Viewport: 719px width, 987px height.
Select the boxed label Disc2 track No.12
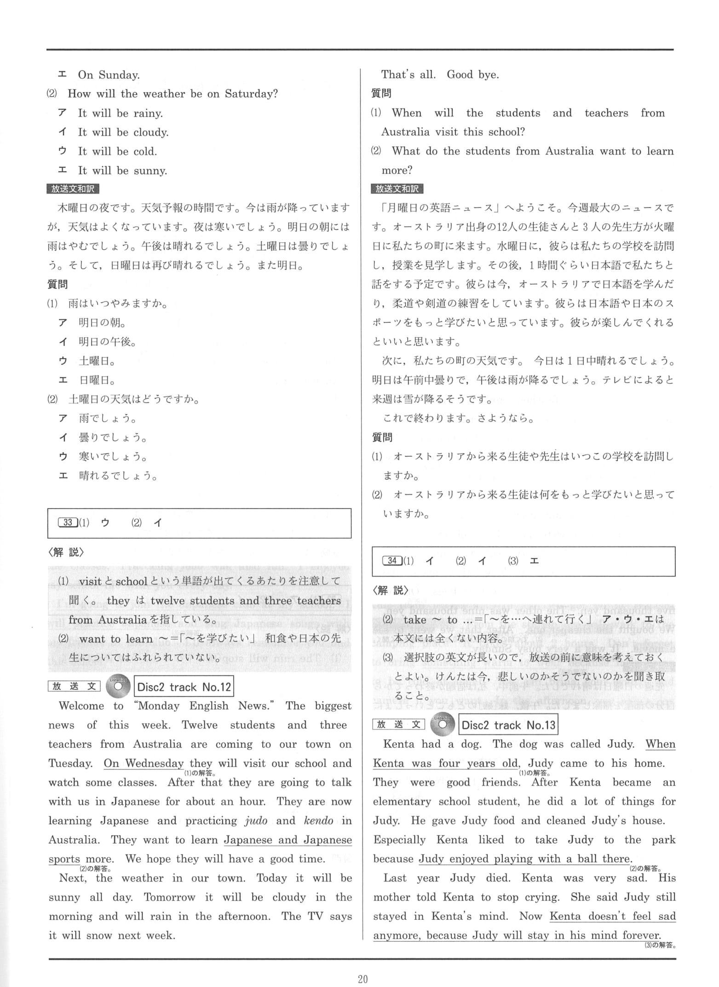click(184, 687)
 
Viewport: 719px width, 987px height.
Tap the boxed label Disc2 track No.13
click(508, 725)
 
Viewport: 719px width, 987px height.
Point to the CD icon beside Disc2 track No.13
click(442, 725)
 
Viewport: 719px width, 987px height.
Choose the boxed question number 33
click(68, 522)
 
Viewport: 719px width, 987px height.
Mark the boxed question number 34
click(392, 561)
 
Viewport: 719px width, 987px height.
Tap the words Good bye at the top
click(472, 75)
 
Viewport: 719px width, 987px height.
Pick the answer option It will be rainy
click(121, 113)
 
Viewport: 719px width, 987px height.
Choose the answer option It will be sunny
click(122, 171)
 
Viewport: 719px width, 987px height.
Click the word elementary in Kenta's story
click(402, 802)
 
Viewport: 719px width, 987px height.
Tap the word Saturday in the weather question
click(251, 94)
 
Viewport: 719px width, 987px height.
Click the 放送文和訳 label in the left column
click(73, 189)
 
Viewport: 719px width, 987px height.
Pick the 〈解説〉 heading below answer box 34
click(390, 590)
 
